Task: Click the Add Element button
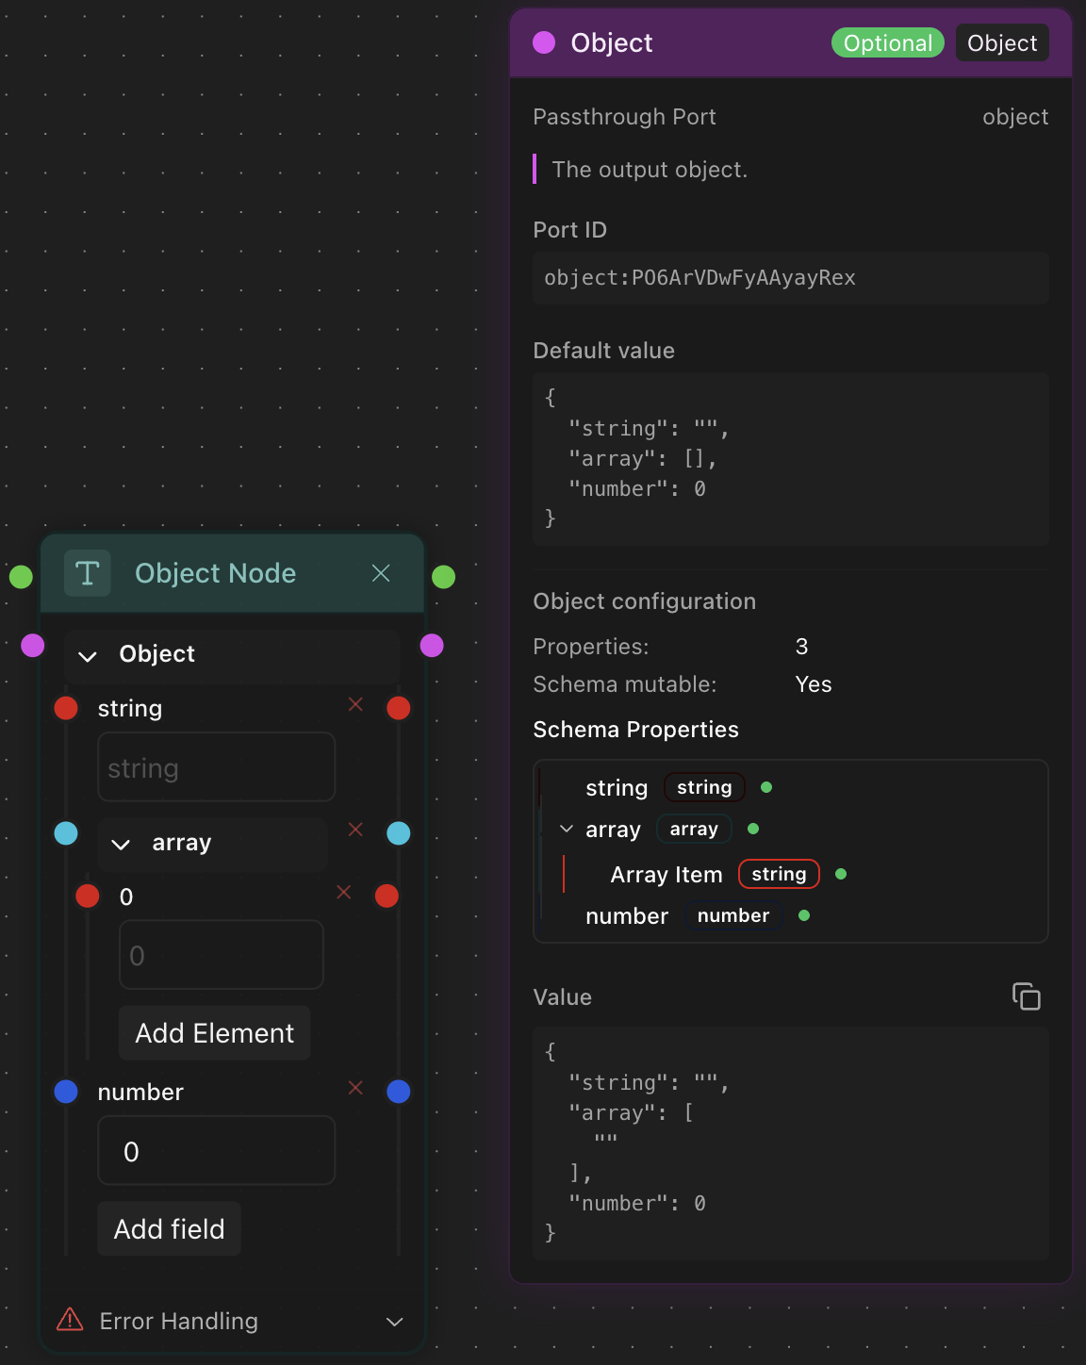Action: (214, 1033)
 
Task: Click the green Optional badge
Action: (887, 43)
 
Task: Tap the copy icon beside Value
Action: (1026, 996)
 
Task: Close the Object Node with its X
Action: (381, 573)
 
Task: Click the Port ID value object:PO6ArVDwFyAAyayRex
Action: (699, 278)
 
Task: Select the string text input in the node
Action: (216, 767)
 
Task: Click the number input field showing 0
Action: (216, 1151)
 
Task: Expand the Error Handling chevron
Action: (395, 1322)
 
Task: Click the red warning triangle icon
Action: (70, 1320)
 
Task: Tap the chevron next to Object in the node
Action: (88, 656)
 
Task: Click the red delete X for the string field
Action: (355, 704)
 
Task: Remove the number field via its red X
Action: (355, 1088)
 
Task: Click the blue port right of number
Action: (399, 1092)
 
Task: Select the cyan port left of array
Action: (66, 833)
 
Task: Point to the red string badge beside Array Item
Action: (779, 874)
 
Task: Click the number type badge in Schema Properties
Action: (732, 915)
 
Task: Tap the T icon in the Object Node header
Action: (88, 573)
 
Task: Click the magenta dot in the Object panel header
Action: (544, 42)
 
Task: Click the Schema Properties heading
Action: (635, 730)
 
